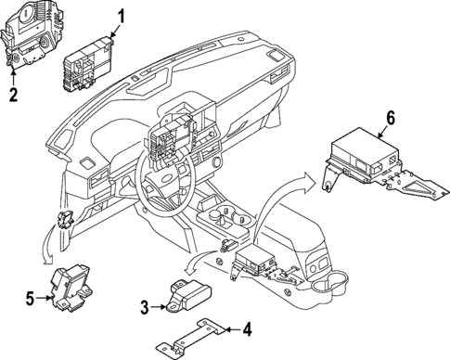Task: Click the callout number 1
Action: tap(121, 15)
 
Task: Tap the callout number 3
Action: tap(144, 306)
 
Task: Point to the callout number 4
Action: tap(247, 328)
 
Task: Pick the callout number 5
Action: tap(31, 297)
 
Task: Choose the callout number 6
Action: tap(391, 117)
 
